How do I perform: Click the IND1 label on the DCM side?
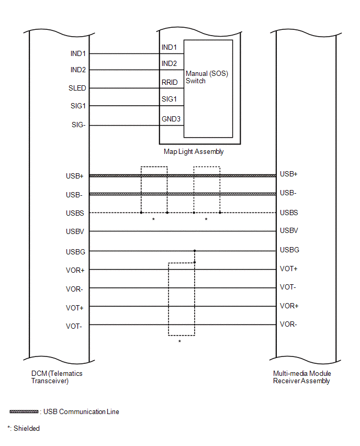pyautogui.click(x=78, y=53)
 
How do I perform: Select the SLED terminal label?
pyautogui.click(x=77, y=88)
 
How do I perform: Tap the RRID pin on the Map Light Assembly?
pyautogui.click(x=170, y=83)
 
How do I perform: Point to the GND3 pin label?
pyautogui.click(x=171, y=119)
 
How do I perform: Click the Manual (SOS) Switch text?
pyautogui.click(x=207, y=77)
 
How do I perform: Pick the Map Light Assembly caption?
pyautogui.click(x=194, y=152)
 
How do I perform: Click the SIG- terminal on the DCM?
pyautogui.click(x=78, y=125)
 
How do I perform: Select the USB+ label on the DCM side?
pyautogui.click(x=75, y=176)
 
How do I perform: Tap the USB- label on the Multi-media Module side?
pyautogui.click(x=288, y=193)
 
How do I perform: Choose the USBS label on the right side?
pyautogui.click(x=289, y=212)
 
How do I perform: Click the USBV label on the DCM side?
pyautogui.click(x=75, y=231)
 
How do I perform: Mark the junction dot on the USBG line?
pyautogui.click(x=195, y=251)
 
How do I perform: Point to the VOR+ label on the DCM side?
pyautogui.click(x=75, y=271)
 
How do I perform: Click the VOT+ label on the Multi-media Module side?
pyautogui.click(x=289, y=269)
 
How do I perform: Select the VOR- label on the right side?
pyautogui.click(x=288, y=324)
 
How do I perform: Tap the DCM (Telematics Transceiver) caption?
pyautogui.click(x=57, y=377)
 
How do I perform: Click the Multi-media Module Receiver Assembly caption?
pyautogui.click(x=302, y=377)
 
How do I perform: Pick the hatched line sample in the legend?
pyautogui.click(x=24, y=411)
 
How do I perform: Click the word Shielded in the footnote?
pyautogui.click(x=27, y=428)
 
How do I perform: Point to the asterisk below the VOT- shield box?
pyautogui.click(x=179, y=342)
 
